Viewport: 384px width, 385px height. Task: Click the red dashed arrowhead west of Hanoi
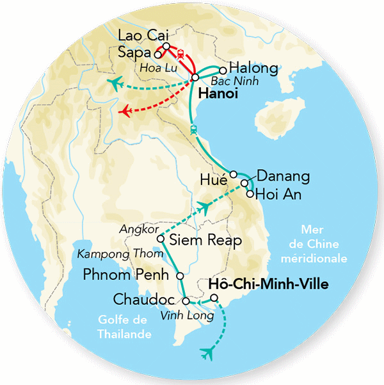point(126,113)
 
